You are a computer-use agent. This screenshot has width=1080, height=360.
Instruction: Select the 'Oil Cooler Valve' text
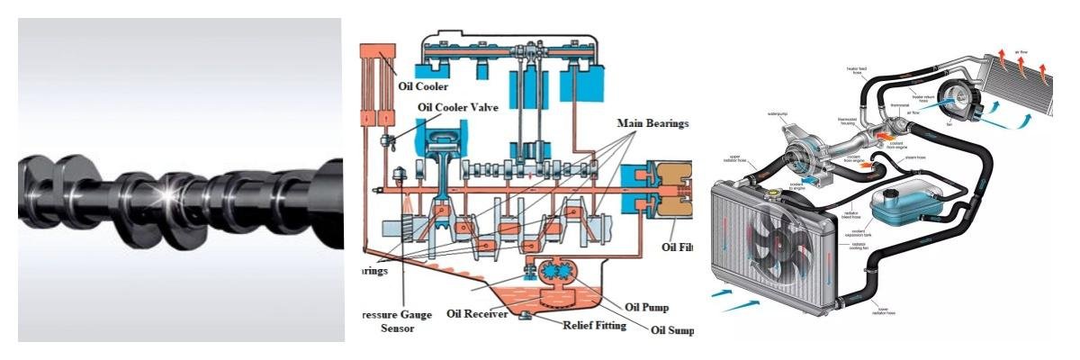(x=464, y=106)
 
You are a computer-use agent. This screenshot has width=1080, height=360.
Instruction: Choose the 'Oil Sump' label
(x=672, y=330)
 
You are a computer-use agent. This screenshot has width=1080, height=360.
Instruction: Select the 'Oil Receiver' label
(x=479, y=313)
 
